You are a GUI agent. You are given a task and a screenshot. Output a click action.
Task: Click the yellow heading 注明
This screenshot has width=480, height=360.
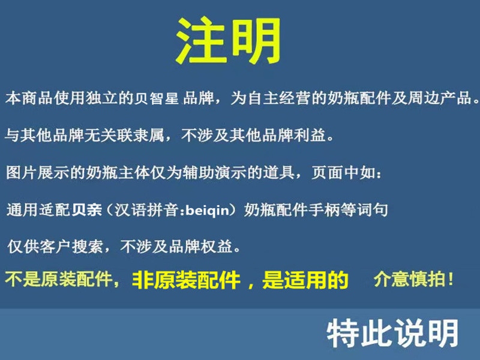pos(229,41)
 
